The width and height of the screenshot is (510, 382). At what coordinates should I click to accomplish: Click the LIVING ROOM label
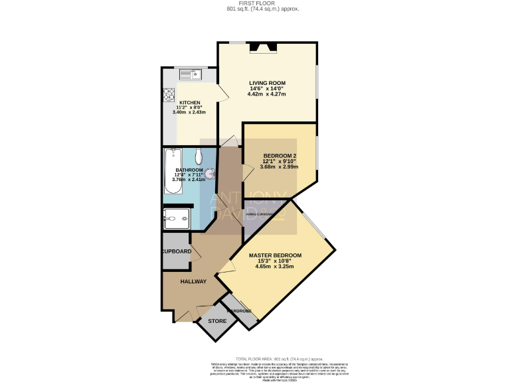(x=268, y=83)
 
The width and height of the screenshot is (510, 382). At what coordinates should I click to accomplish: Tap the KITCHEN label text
(x=189, y=103)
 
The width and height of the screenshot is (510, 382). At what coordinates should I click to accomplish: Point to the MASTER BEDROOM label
(x=275, y=255)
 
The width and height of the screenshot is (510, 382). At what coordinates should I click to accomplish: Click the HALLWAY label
(x=193, y=281)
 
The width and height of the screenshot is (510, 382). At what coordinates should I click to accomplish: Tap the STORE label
(x=217, y=321)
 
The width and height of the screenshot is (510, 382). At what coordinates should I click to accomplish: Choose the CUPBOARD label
(x=177, y=251)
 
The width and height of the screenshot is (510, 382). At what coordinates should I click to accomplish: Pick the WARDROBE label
(x=239, y=311)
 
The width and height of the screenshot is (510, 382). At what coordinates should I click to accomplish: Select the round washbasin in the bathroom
(x=210, y=174)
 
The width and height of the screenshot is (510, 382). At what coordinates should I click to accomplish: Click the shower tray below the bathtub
(x=177, y=218)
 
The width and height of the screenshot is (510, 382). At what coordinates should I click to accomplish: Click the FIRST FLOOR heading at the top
(x=255, y=3)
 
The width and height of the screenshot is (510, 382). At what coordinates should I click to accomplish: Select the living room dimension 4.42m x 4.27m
(x=267, y=95)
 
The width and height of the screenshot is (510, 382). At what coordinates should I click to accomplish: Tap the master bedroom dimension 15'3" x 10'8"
(x=275, y=261)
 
